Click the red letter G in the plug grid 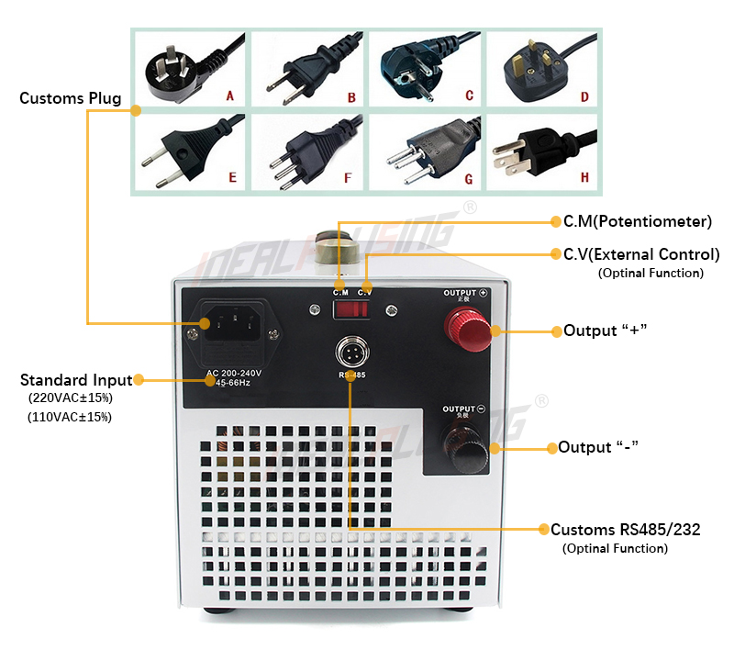(468, 177)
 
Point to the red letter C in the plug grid (468, 95)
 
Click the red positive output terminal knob (465, 329)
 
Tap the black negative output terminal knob (465, 447)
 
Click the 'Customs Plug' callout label (70, 98)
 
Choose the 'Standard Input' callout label (75, 379)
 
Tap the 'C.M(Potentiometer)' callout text (630, 221)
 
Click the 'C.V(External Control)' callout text (634, 254)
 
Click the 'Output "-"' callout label (598, 447)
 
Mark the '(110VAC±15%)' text (70, 417)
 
